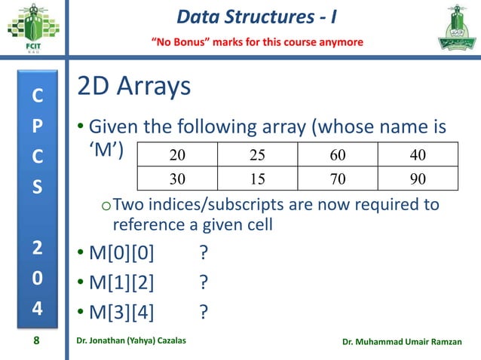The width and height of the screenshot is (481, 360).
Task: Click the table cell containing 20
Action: (x=177, y=156)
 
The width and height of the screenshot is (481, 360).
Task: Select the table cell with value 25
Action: (x=257, y=156)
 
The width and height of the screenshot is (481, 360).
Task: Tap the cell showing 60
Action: (x=337, y=156)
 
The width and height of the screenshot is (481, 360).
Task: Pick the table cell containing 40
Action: (x=417, y=156)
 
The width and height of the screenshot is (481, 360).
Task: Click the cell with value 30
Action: (x=177, y=178)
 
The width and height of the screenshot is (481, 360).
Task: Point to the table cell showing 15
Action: (x=257, y=178)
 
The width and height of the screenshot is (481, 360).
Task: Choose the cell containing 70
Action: (x=337, y=178)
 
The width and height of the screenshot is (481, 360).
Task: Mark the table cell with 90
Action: (x=417, y=178)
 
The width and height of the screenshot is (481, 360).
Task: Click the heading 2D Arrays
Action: (x=133, y=87)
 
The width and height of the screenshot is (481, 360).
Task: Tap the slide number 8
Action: (x=35, y=342)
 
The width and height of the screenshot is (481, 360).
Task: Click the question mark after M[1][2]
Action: (x=204, y=282)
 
